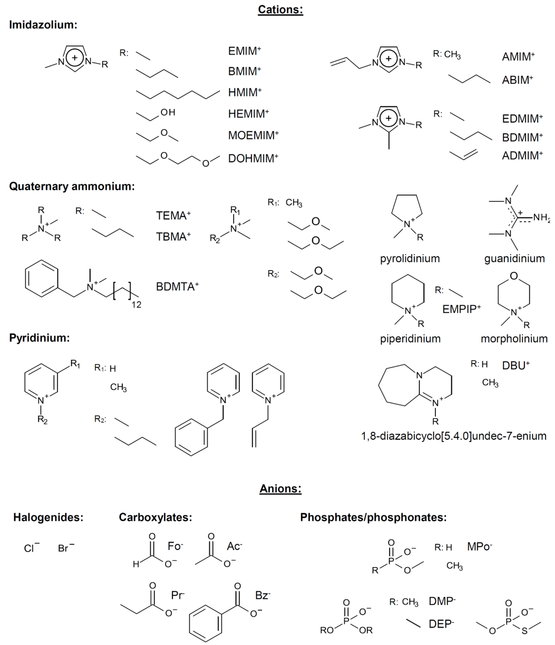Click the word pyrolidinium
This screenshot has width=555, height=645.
coord(410,258)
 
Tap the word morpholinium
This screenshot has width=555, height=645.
coord(514,339)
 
